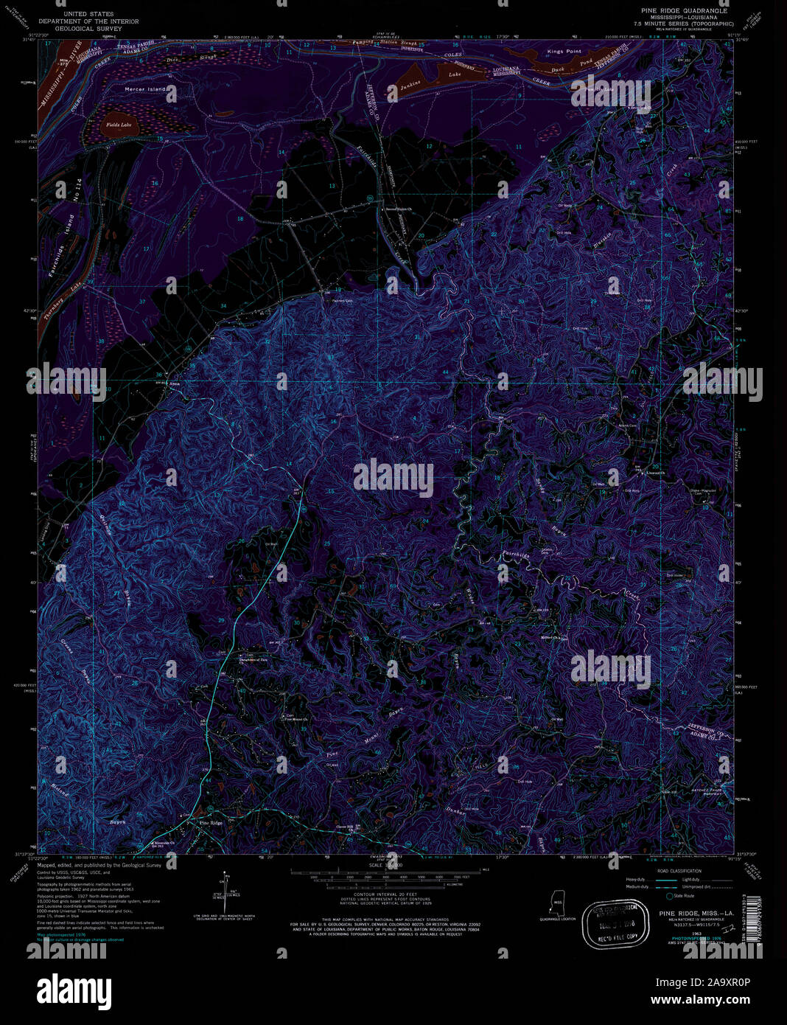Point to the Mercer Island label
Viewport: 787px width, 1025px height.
pos(145,89)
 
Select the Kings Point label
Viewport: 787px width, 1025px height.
pos(564,52)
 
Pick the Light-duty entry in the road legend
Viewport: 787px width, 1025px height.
pos(690,880)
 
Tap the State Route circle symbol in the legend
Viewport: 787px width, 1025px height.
pos(669,896)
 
